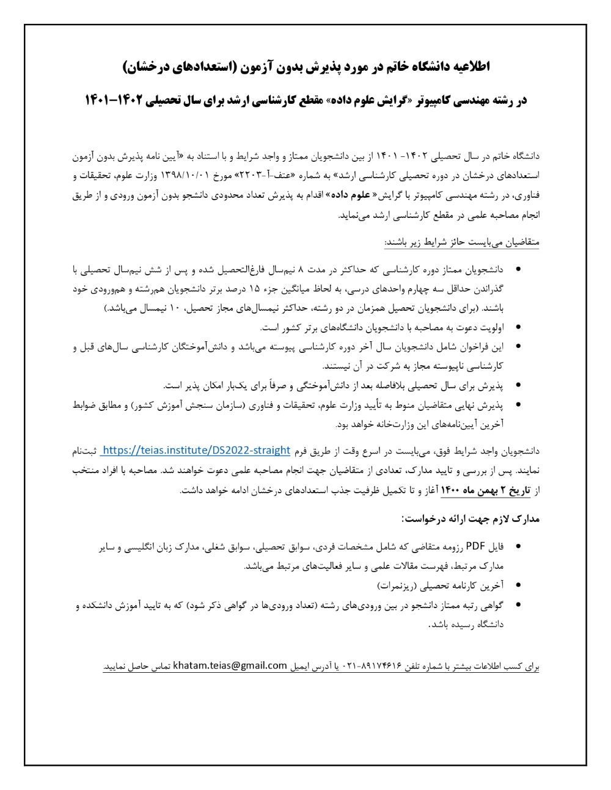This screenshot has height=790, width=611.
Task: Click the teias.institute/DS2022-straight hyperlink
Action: click(196, 451)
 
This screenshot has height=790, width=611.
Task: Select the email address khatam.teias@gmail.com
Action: click(230, 665)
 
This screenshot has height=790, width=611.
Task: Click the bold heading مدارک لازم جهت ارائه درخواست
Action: click(470, 519)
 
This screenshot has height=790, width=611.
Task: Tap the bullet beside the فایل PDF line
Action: click(518, 546)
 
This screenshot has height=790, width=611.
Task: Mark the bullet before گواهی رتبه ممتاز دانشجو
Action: click(518, 604)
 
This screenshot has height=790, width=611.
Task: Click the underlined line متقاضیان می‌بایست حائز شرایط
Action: click(462, 242)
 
